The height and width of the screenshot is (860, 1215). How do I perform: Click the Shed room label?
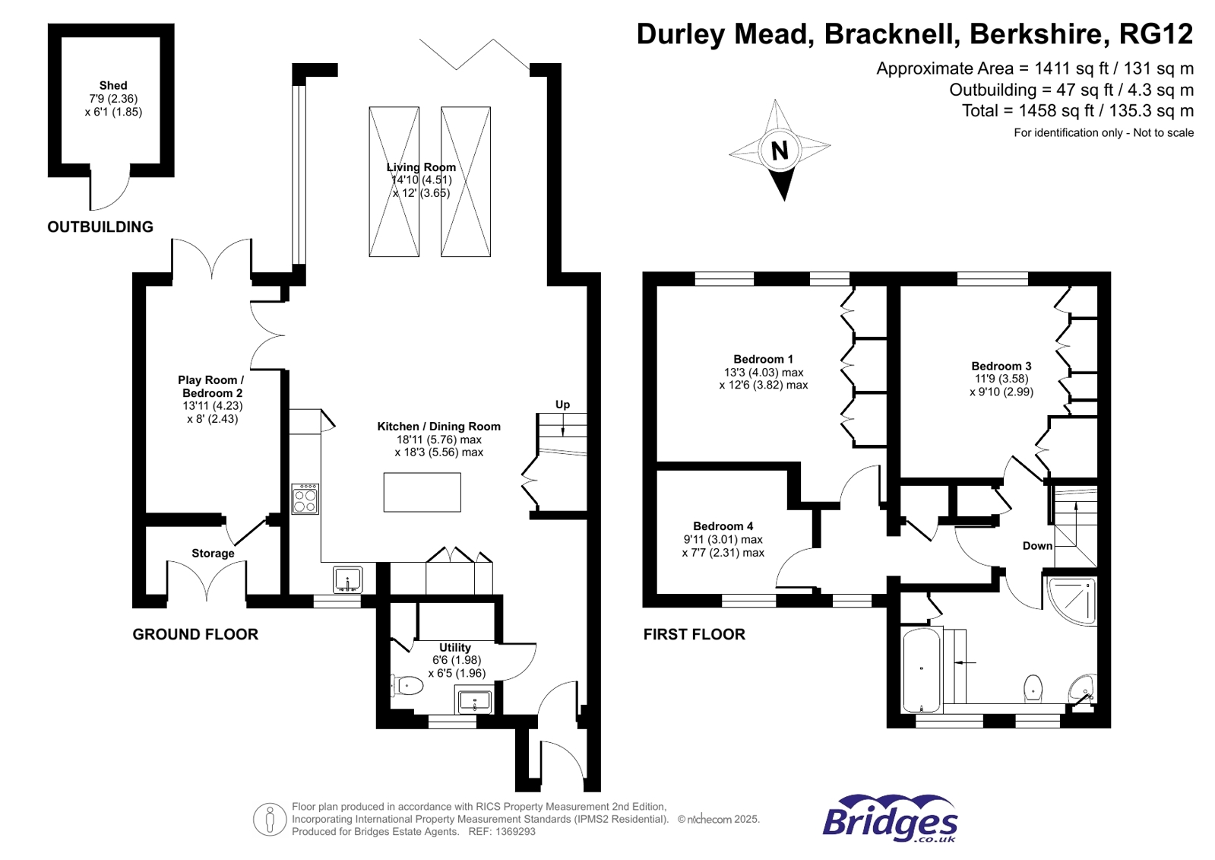112,86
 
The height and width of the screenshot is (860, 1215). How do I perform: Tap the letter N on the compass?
780,151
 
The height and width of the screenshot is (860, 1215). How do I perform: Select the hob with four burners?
305,500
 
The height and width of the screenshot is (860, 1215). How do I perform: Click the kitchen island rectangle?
422,492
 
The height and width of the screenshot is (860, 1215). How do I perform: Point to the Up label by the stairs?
562,405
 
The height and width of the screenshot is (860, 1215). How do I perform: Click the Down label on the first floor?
1037,546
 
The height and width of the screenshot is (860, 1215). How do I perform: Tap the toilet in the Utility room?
408,686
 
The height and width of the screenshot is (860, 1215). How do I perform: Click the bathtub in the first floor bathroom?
921,670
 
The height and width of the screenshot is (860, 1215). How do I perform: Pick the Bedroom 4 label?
723,526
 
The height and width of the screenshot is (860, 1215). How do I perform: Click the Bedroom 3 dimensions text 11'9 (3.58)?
1001,379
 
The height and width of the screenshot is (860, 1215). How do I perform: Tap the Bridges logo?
890,820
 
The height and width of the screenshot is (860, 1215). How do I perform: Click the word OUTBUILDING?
100,227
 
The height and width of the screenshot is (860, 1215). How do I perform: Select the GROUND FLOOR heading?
195,634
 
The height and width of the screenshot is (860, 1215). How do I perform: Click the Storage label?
213,554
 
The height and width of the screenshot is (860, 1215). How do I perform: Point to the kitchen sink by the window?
348,580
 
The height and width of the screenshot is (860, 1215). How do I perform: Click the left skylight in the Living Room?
394,182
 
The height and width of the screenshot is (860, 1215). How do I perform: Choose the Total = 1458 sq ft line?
1077,111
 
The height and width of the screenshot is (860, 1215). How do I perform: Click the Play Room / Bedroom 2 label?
211,386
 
